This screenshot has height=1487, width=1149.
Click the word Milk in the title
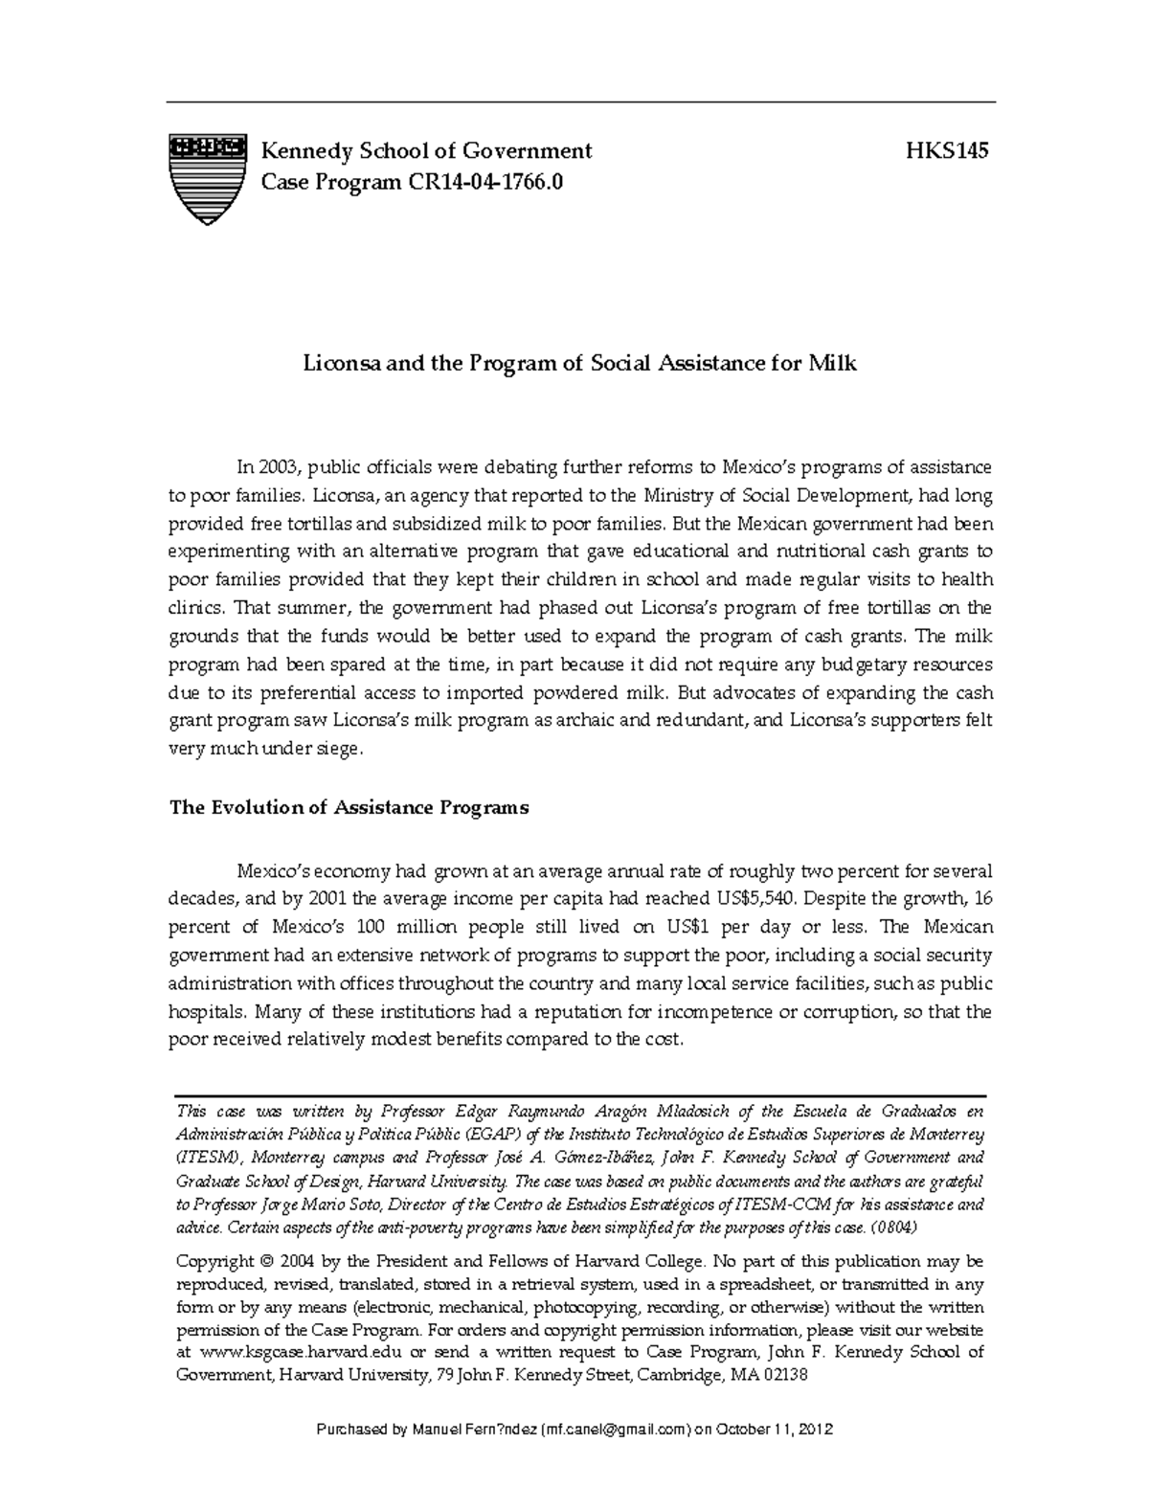click(x=835, y=363)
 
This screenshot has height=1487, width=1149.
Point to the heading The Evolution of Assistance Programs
click(x=349, y=807)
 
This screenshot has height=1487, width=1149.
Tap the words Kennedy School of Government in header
click(x=427, y=151)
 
